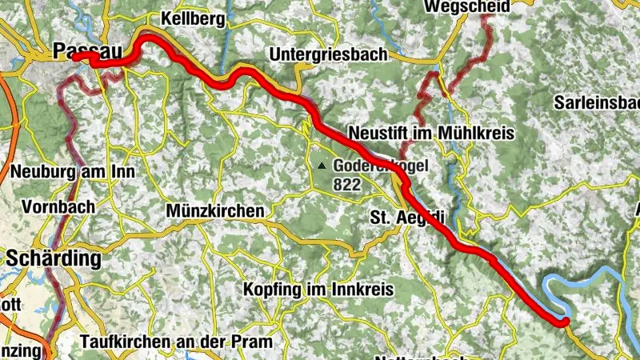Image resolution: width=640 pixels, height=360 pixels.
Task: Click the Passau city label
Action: tap(88, 50)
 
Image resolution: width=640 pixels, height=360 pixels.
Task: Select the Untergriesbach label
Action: tap(328, 54)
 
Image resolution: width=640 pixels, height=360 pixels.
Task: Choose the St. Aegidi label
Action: tap(406, 217)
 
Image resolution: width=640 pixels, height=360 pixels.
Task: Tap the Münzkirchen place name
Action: tap(215, 210)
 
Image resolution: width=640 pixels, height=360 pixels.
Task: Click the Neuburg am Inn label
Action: tap(72, 171)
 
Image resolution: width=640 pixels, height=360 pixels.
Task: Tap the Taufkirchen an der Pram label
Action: tap(176, 342)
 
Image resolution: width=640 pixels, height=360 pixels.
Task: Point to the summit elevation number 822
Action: tap(349, 184)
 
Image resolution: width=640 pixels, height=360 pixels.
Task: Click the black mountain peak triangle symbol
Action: tap(321, 166)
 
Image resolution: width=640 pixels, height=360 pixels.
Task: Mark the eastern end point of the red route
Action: tap(564, 322)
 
